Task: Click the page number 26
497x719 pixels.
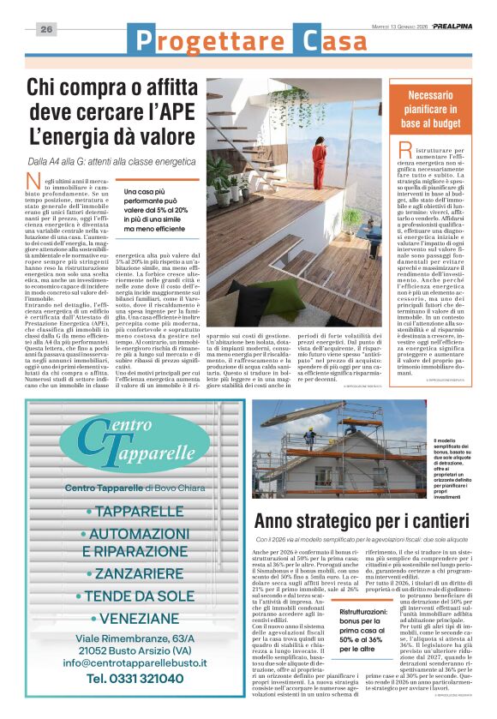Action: coord(46,29)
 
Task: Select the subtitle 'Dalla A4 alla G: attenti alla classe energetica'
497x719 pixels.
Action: coord(111,161)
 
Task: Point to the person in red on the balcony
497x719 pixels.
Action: coord(340,162)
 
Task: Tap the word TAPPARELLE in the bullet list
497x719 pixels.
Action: coord(145,512)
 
